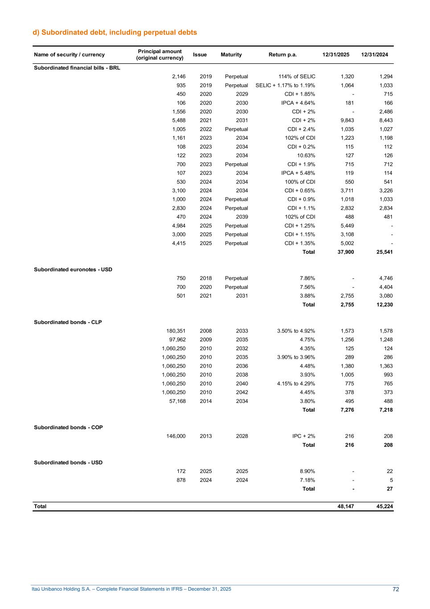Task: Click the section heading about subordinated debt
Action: click(x=115, y=33)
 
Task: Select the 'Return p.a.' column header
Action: click(x=283, y=55)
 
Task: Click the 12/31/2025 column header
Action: click(x=336, y=55)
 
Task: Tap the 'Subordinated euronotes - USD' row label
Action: click(x=73, y=269)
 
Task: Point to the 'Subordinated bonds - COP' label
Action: click(x=68, y=427)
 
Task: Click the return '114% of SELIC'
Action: click(x=297, y=77)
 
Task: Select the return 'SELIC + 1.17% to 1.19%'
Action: click(x=285, y=85)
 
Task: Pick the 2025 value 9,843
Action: click(x=347, y=120)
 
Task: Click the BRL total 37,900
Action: click(x=346, y=252)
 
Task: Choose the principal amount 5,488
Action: click(x=179, y=120)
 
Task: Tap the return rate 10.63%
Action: click(x=306, y=156)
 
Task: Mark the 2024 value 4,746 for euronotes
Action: click(x=385, y=278)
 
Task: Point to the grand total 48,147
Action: click(x=346, y=506)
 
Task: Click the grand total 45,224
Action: click(x=384, y=506)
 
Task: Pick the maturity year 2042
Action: click(x=242, y=393)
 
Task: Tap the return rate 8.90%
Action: click(x=307, y=471)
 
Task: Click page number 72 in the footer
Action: click(x=396, y=589)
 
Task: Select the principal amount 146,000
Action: click(x=176, y=436)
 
